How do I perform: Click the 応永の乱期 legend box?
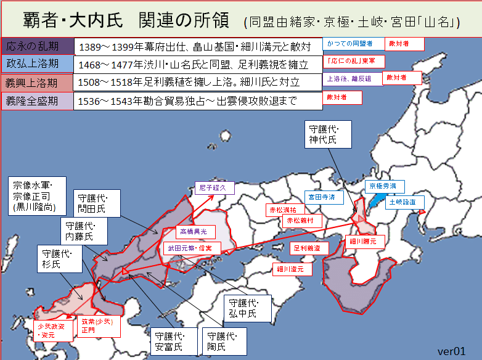coord(38,46)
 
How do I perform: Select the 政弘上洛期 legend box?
coord(38,64)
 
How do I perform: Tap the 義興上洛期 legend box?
coord(38,83)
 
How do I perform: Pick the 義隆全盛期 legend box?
coord(38,100)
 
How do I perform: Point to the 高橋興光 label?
coord(196,231)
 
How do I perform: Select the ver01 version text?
coord(451,351)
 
